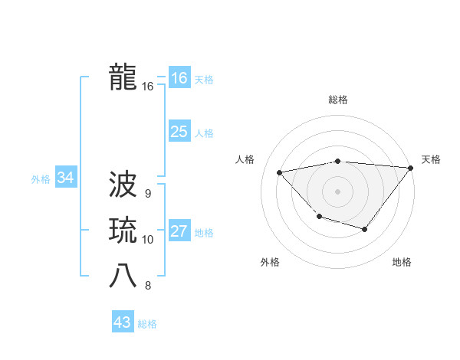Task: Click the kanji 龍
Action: pos(123,77)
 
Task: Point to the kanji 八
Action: pos(123,277)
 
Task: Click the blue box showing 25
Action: pos(179,132)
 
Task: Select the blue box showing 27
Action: pos(179,231)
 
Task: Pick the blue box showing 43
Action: pos(123,322)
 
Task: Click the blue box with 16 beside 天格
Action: pos(179,78)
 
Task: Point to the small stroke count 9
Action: pos(147,194)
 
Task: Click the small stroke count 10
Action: pos(147,240)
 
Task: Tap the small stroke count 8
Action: pos(147,286)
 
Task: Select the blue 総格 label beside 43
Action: pos(147,324)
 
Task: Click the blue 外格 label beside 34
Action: pos(41,179)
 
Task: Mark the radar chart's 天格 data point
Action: pos(411,168)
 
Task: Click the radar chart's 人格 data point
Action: pos(280,172)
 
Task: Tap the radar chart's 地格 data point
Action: pos(365,229)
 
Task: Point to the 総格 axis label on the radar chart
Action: pos(337,100)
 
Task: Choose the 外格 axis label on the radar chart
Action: pos(270,262)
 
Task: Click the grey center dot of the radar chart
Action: pos(337,191)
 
